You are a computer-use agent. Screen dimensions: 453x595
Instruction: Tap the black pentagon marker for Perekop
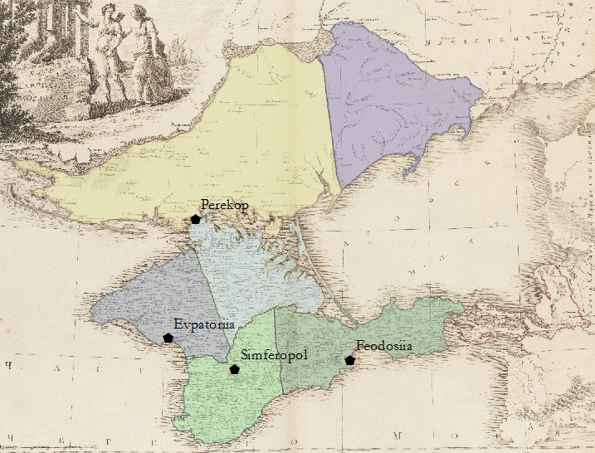click(x=196, y=219)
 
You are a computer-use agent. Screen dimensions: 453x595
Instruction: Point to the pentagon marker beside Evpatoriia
click(x=168, y=338)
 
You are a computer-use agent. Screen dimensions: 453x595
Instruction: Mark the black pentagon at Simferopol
click(x=235, y=369)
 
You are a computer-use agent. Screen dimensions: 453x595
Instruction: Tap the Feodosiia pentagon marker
click(x=350, y=360)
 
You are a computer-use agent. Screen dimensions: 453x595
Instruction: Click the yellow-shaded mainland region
click(x=207, y=141)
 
